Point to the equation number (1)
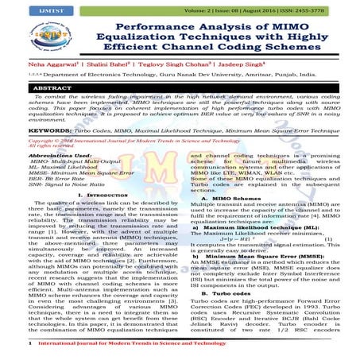[328, 238]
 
